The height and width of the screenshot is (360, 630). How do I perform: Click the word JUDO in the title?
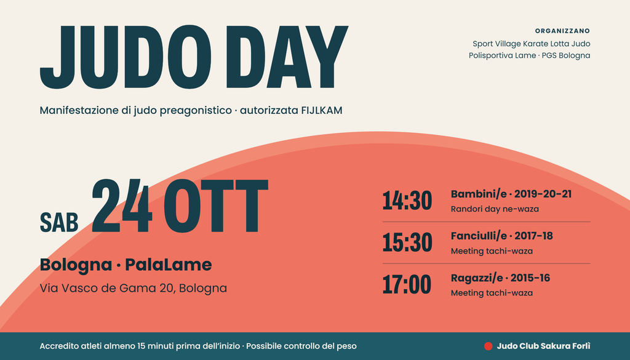(126, 57)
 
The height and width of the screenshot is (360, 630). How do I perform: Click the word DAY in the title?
(287, 57)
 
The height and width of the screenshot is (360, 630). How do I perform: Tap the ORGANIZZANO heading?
(562, 31)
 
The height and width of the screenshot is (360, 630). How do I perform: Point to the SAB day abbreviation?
(59, 223)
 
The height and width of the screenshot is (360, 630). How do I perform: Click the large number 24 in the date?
(122, 206)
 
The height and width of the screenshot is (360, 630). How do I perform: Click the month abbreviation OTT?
(216, 206)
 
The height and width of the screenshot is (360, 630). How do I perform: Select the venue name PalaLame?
(169, 265)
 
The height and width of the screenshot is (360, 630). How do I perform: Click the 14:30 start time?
(407, 201)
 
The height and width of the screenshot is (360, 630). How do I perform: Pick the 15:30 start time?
(407, 242)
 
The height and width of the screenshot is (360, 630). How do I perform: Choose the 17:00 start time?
(407, 284)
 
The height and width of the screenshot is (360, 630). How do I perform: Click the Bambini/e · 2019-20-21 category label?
(511, 194)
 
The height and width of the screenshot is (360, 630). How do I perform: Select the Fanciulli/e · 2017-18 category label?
(502, 236)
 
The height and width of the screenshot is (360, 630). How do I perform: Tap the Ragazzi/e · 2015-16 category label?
(500, 278)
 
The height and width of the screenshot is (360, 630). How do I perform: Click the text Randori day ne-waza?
(495, 209)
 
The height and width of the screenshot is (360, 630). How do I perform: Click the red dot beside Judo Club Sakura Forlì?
(488, 346)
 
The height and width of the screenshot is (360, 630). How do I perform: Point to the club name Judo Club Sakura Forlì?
(544, 346)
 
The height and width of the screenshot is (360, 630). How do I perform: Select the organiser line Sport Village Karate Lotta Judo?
(531, 44)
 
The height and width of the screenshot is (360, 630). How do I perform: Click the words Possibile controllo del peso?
(301, 346)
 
